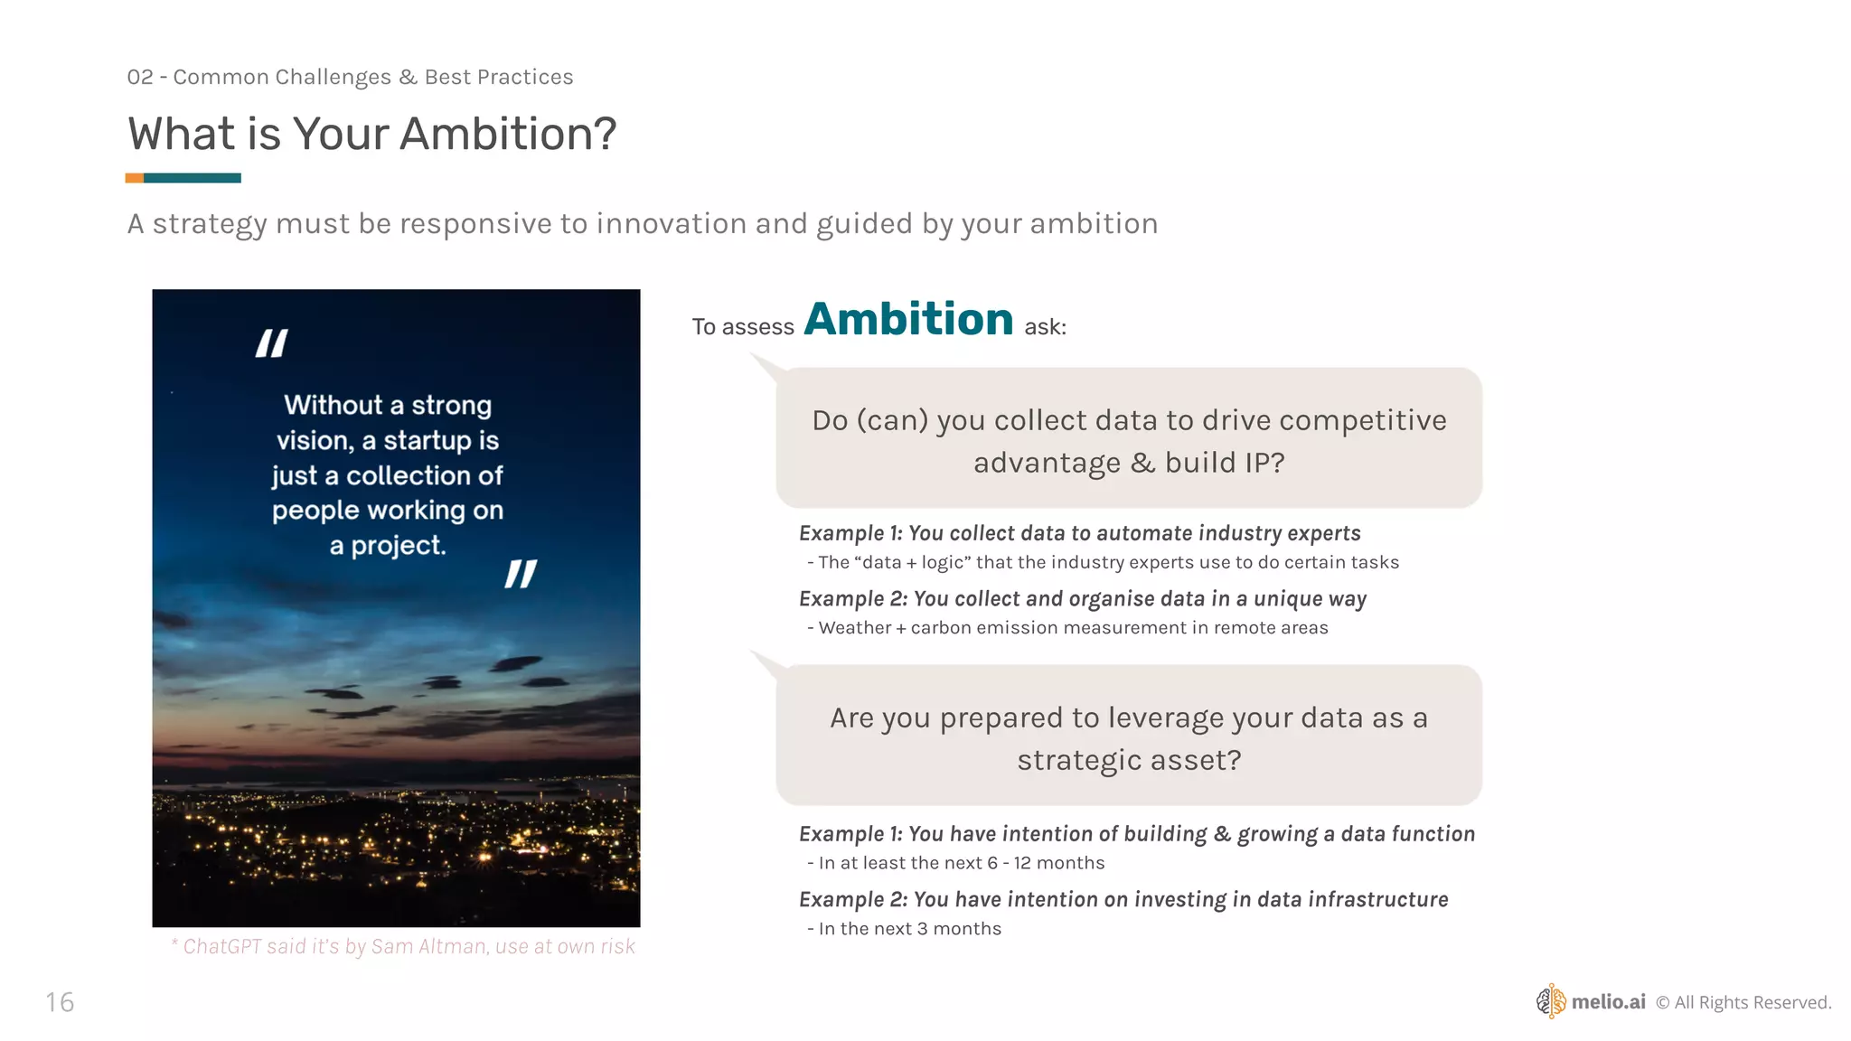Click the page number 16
coord(60,1002)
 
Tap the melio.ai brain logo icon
coord(1551,1001)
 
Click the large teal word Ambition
coord(908,319)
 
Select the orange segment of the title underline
coord(134,178)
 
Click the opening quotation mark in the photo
coord(271,343)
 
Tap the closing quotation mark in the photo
coord(521,574)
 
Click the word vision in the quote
coord(314,441)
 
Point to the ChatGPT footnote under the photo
coord(403,946)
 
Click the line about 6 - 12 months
coord(961,863)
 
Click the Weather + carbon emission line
coord(1073,628)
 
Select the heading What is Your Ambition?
coord(371,134)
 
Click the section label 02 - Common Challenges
coord(350,77)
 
